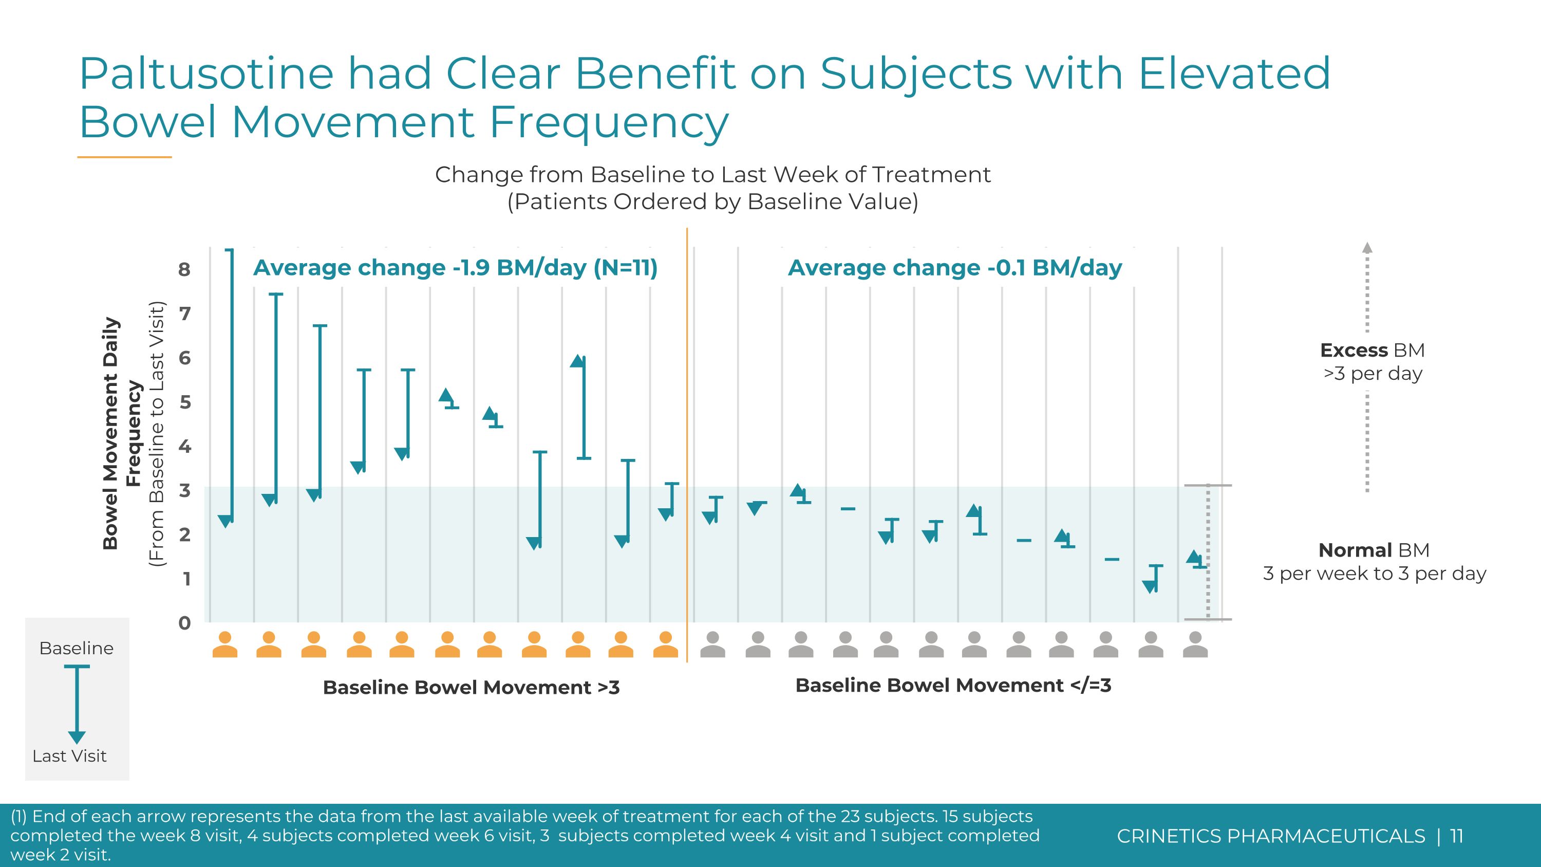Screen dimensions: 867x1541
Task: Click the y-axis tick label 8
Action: point(184,269)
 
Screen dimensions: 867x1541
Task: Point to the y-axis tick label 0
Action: point(184,623)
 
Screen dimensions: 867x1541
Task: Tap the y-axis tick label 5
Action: point(185,401)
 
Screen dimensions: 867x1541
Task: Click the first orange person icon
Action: point(225,644)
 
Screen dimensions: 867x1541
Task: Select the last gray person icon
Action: point(1195,644)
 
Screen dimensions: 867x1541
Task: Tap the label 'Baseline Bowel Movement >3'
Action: point(471,687)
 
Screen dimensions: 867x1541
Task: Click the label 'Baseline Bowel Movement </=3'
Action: point(953,685)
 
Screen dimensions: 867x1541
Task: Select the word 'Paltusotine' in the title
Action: point(206,73)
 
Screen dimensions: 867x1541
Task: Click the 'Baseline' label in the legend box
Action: point(77,648)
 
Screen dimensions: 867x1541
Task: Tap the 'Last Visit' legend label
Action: point(69,755)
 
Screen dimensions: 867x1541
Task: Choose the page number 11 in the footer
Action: point(1457,836)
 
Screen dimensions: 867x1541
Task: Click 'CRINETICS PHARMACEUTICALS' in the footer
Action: point(1271,836)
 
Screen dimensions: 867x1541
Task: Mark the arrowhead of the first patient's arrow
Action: point(225,521)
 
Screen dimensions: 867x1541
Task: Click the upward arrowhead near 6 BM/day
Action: point(577,361)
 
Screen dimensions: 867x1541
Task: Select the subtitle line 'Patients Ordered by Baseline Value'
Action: point(712,201)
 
